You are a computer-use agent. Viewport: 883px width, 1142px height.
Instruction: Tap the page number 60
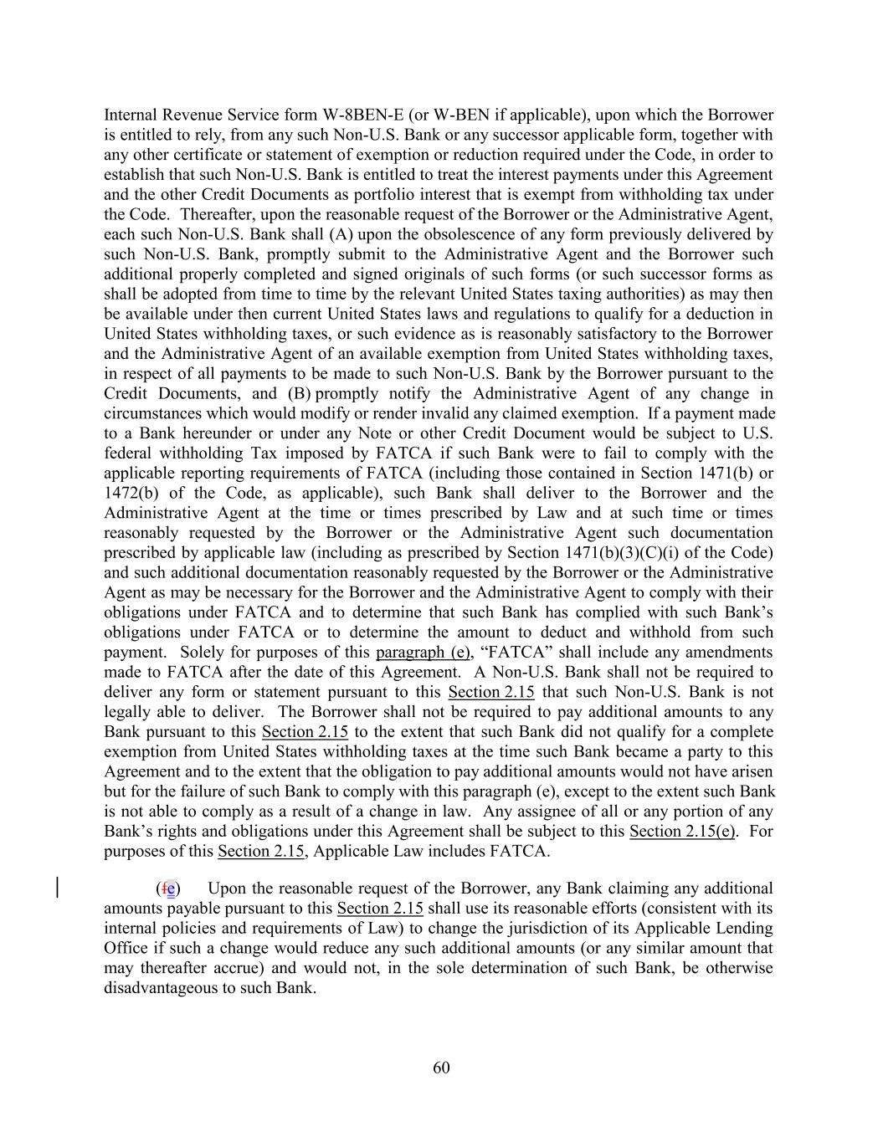(x=442, y=1067)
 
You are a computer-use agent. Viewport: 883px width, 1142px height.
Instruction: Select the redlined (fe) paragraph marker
(x=168, y=888)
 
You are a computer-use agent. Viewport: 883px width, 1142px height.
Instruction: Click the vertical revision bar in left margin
(x=57, y=887)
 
